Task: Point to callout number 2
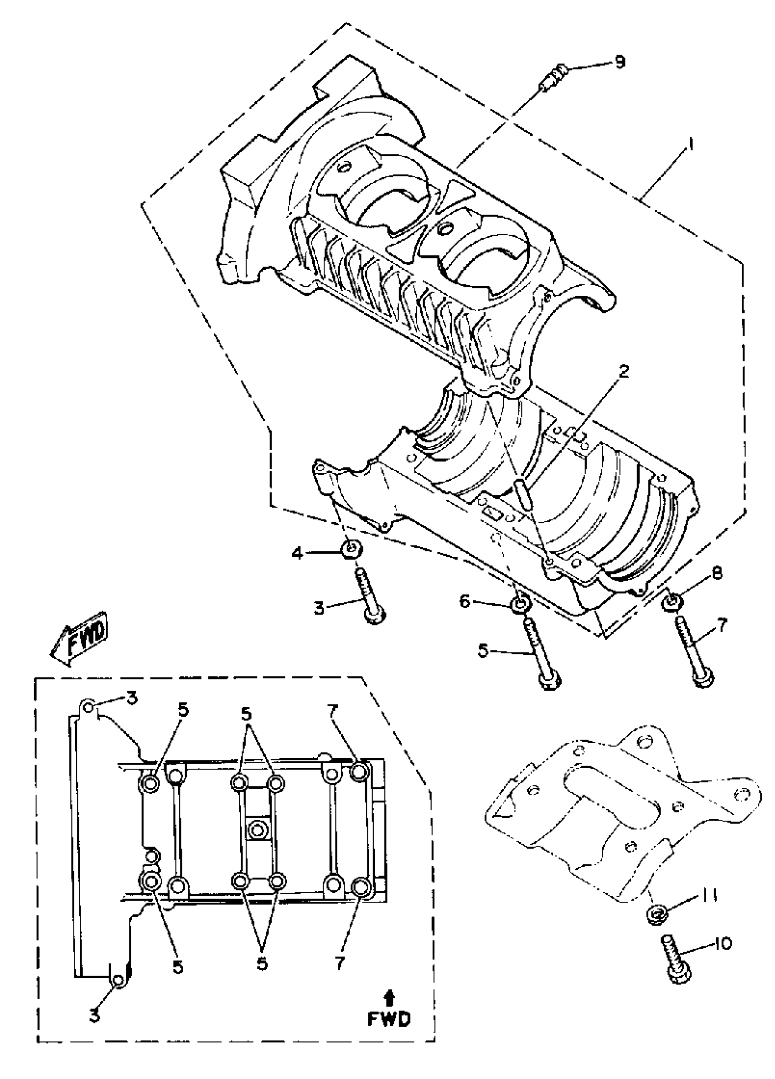point(624,371)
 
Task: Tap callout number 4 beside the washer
point(297,553)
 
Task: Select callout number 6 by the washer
point(464,601)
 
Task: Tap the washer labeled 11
point(656,913)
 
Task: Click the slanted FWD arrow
point(79,638)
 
